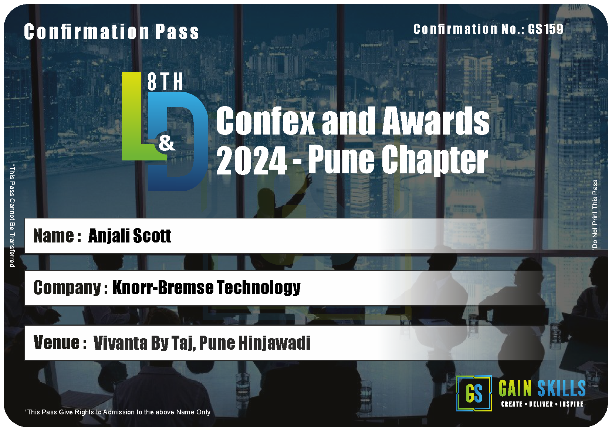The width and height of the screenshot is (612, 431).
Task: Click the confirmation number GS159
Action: click(545, 29)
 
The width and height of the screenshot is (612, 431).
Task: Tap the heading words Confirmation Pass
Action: click(111, 32)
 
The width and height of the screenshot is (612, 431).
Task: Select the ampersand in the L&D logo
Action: click(167, 143)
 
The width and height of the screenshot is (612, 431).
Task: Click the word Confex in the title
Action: click(266, 121)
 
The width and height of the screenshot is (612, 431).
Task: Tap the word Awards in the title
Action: click(436, 121)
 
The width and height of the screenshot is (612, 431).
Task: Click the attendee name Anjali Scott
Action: click(130, 236)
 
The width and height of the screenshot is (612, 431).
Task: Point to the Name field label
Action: click(57, 236)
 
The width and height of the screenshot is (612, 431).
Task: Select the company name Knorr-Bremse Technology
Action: click(207, 288)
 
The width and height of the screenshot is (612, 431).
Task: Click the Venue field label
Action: click(60, 343)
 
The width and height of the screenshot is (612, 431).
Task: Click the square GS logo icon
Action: click(474, 393)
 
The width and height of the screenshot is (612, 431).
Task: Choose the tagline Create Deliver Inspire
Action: click(542, 404)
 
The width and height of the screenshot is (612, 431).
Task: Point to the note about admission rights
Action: click(118, 412)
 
